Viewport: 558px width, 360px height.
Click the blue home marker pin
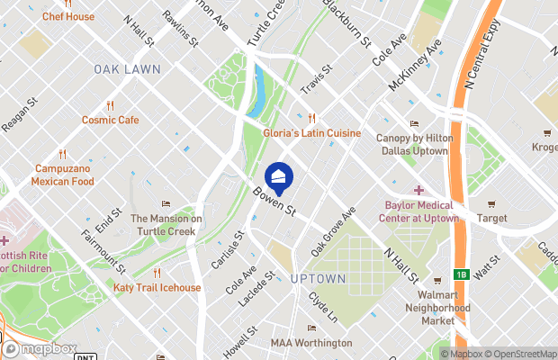tap(278, 177)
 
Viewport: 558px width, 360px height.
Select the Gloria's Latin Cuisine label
tap(311, 133)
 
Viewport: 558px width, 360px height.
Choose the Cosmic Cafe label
tap(111, 120)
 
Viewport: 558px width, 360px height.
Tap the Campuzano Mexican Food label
tap(63, 175)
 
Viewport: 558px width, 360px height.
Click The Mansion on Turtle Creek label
tap(166, 224)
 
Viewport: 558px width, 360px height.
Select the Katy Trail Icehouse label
tap(157, 288)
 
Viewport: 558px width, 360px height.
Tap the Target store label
tap(491, 218)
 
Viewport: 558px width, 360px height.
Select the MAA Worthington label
tap(311, 343)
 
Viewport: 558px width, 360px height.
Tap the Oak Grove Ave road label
tap(334, 230)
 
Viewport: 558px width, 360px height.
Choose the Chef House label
tap(67, 16)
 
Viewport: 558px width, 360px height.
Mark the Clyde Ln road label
tap(321, 307)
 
